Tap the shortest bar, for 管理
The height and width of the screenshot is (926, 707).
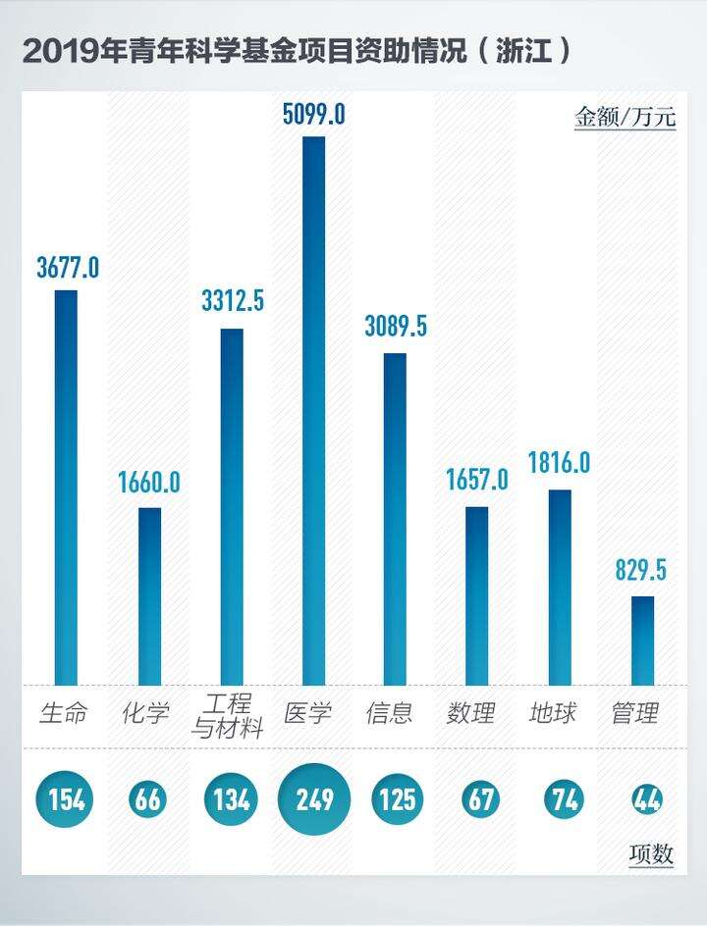tap(642, 641)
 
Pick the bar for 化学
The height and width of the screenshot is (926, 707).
tap(149, 595)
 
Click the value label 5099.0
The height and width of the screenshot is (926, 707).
tap(313, 114)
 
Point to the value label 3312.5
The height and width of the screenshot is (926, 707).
tap(233, 302)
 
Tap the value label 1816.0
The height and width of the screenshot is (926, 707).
tap(559, 462)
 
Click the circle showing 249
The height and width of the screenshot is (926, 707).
tap(314, 800)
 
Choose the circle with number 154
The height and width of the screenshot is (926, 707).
tap(67, 800)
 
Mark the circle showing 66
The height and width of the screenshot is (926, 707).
tap(148, 800)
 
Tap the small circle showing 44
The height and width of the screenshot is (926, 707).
tap(646, 800)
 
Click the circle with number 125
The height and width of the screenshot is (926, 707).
tap(397, 800)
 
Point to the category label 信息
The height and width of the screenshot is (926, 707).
tap(390, 713)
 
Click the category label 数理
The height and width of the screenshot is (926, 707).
tap(471, 713)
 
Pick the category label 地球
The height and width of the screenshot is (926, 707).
tap(553, 713)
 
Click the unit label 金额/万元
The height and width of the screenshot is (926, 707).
tap(625, 118)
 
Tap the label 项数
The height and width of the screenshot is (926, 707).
tap(651, 854)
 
